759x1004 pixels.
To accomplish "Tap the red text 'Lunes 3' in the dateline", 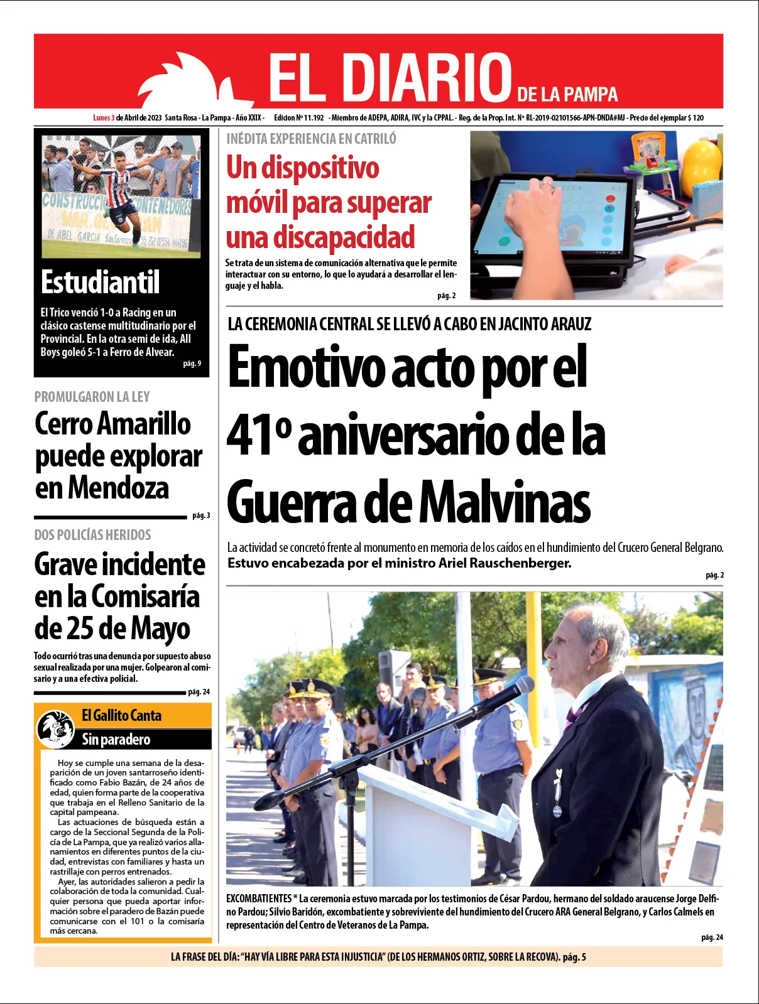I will pos(104,118).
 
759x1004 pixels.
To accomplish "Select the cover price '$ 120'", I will pos(696,118).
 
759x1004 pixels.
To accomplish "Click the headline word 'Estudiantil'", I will pos(101,282).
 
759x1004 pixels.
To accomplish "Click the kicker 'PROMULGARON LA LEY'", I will pos(92,397).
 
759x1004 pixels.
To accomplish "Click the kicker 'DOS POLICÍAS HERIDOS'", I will pos(92,535).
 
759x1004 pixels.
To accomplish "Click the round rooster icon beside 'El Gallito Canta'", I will pos(56,728).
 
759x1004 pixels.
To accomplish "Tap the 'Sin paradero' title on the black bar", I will pos(116,740).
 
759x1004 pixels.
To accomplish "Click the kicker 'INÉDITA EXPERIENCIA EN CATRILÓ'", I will pos(311,139).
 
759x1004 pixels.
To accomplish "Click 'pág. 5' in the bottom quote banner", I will pos(574,957).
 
